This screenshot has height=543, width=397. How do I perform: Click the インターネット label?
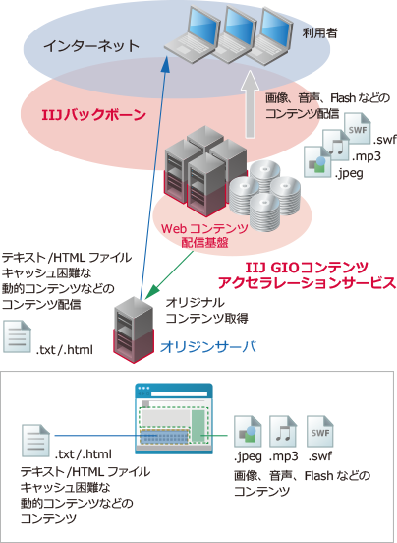(x=91, y=47)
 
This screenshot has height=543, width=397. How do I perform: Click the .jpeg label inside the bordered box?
(x=247, y=456)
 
